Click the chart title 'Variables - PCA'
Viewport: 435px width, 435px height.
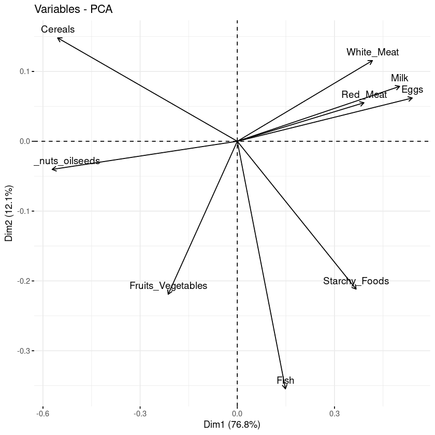coord(73,9)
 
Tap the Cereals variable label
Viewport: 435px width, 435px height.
coord(58,30)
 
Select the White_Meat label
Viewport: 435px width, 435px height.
coord(372,52)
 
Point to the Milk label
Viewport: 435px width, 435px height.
coord(399,78)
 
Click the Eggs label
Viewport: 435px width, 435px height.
coord(412,90)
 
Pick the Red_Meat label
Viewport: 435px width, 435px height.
coord(364,95)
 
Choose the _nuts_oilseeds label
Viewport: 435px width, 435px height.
coord(67,161)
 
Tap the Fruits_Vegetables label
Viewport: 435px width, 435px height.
coord(168,286)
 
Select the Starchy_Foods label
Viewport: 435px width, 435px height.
coord(356,281)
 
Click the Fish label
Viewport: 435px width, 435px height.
coord(285,381)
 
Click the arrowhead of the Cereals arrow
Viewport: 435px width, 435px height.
coord(57,38)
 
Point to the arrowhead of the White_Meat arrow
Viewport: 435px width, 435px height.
coord(372,61)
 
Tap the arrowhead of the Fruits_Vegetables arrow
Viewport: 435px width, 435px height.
coord(168,294)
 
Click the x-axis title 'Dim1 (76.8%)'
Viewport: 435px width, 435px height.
coord(232,425)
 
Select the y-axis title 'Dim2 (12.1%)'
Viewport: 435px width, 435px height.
coord(9,212)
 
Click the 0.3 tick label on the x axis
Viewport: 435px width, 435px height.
coord(334,414)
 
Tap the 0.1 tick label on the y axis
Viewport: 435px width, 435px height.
coord(24,71)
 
